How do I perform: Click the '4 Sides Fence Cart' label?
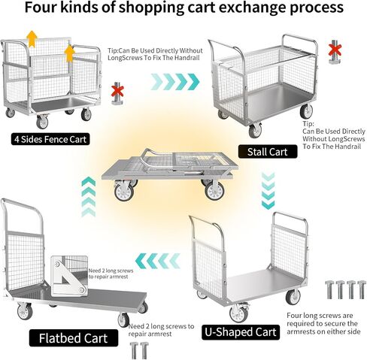50,139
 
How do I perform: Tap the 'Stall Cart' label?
268,152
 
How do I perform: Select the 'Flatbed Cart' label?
74,338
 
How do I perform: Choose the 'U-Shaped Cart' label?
241,332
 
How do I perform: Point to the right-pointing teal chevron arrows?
175,82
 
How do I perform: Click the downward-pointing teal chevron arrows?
268,191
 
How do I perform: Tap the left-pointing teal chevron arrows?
158,261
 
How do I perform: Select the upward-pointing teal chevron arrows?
89,196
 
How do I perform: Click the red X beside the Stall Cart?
335,50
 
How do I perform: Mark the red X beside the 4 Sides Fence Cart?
117,91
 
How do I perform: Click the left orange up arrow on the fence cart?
32,39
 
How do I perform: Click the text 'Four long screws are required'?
320,319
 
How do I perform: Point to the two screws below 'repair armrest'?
139,351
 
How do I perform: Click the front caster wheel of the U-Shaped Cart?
238,313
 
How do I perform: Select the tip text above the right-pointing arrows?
155,54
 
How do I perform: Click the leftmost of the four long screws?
329,290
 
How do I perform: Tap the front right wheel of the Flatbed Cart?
123,320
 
